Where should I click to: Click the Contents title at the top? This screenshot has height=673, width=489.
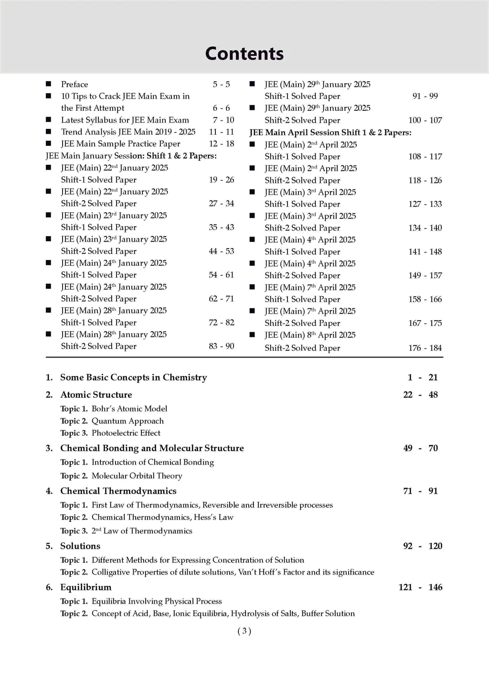tap(244, 54)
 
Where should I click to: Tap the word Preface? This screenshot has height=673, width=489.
tap(74, 85)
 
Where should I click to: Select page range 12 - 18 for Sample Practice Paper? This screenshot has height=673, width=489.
tap(222, 144)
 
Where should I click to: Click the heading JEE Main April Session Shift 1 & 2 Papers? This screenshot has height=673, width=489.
tap(330, 132)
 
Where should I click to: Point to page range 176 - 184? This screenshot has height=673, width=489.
tap(425, 348)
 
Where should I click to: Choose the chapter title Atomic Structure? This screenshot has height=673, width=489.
tap(96, 395)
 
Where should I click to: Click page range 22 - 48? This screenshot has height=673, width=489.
tap(420, 395)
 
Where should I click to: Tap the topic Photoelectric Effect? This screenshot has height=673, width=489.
tap(126, 433)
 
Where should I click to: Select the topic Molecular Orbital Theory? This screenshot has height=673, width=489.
tap(137, 476)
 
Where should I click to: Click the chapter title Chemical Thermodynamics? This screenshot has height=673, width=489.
tap(118, 491)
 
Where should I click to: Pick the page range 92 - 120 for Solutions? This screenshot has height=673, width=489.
tap(423, 546)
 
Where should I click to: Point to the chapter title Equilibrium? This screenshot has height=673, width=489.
tap(85, 587)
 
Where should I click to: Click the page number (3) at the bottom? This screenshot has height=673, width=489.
tap(244, 631)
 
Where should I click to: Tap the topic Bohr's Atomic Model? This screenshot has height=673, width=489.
tap(129, 409)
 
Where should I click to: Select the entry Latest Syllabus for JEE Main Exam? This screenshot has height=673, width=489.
tap(125, 120)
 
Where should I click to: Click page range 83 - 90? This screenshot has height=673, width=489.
tap(222, 346)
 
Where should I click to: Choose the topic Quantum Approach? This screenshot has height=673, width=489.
tap(128, 421)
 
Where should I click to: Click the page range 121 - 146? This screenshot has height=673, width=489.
tap(420, 587)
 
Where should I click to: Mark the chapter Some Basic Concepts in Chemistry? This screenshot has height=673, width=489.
tap(133, 378)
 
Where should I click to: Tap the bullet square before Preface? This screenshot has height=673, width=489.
tap(48, 84)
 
